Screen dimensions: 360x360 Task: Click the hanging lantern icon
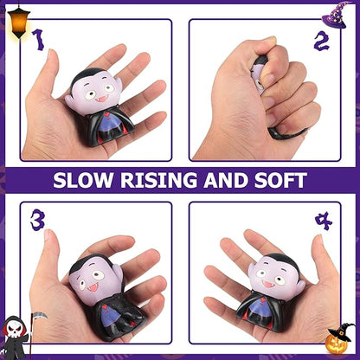(17, 16)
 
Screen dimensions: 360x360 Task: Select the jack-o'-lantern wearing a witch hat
(340, 339)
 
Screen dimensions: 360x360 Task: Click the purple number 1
(38, 39)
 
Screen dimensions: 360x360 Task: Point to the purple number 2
(320, 41)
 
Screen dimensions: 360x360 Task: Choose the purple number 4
(322, 221)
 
